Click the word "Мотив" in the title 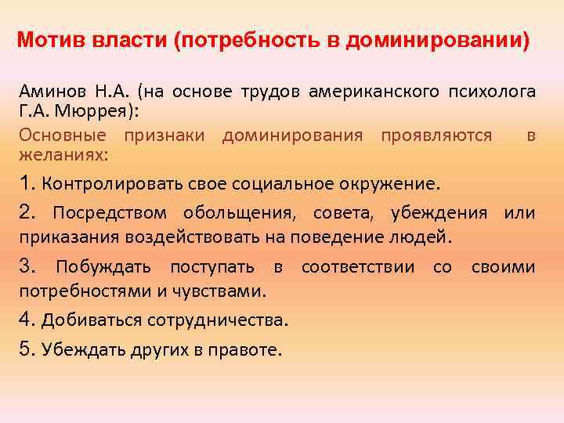(45, 39)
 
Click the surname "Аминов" (48, 92)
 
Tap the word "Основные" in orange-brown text (59, 136)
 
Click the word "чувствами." (225, 292)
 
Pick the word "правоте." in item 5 (248, 349)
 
